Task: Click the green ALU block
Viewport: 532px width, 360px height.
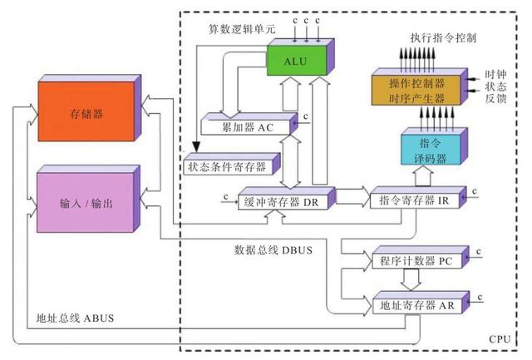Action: point(295,61)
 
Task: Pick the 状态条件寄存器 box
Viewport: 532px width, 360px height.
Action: point(225,166)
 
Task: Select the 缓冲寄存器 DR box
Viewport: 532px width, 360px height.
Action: point(282,200)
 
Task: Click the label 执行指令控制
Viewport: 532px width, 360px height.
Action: point(444,39)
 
